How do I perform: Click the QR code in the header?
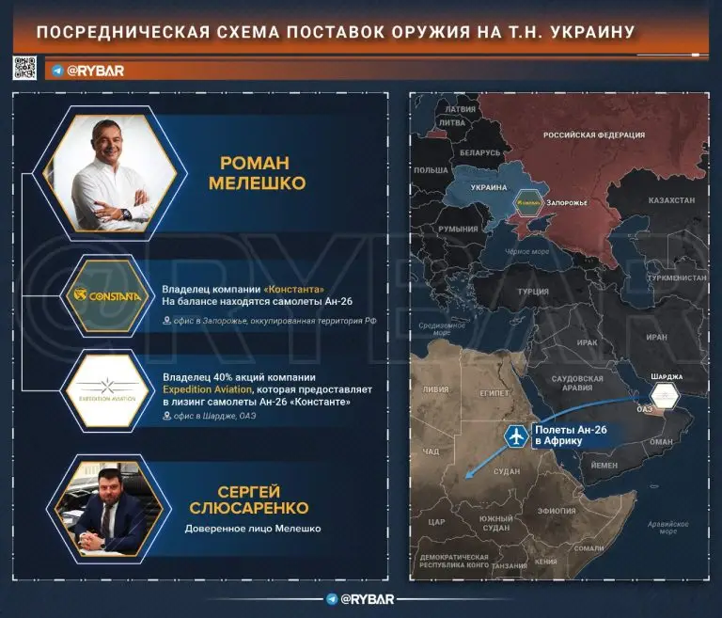coord(24,69)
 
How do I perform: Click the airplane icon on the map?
coord(515,436)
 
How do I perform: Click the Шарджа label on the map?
coord(665,376)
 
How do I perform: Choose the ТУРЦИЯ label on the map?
coord(532,292)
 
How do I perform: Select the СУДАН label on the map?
coord(506,470)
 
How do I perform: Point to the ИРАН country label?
coord(656,337)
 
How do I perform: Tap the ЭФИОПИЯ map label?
coord(557,510)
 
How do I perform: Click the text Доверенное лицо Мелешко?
coord(251,529)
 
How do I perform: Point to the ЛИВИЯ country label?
coord(436,388)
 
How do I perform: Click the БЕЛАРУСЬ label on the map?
coord(480,152)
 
